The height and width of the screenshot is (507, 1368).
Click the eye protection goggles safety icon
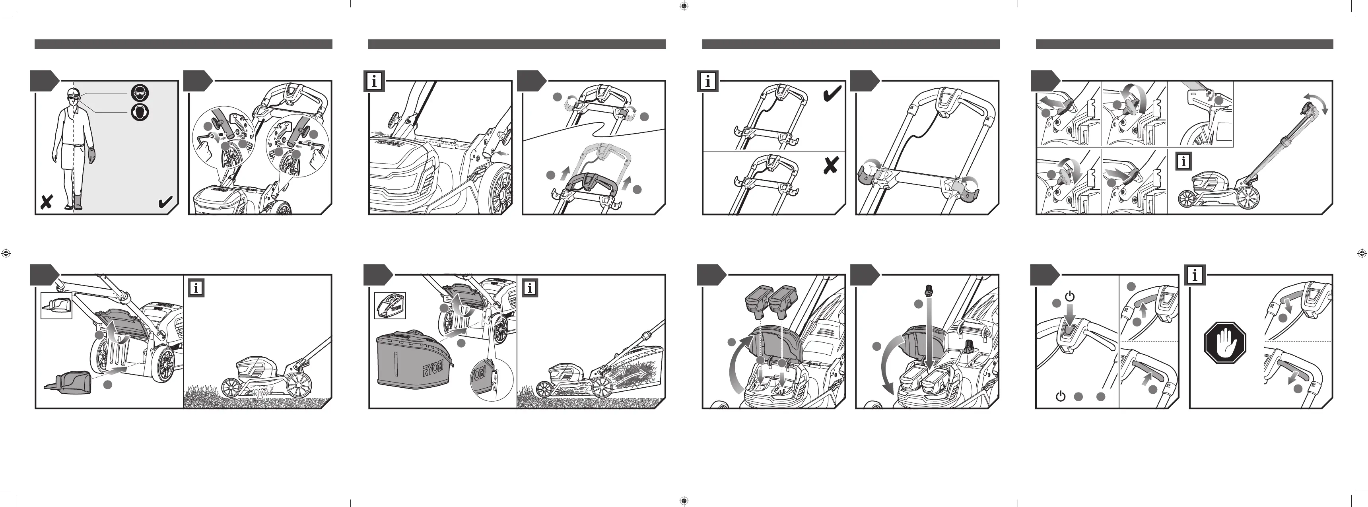pyautogui.click(x=140, y=93)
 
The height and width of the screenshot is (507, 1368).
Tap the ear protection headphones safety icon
pyautogui.click(x=140, y=112)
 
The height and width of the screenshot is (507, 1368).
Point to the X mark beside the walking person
pyautogui.click(x=47, y=202)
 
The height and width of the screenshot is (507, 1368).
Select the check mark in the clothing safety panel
pyautogui.click(x=165, y=202)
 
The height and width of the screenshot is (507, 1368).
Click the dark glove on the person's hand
pyautogui.click(x=91, y=155)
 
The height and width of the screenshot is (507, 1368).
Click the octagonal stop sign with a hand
pyautogui.click(x=1225, y=343)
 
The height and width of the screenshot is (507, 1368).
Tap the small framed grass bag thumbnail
pyautogui.click(x=390, y=306)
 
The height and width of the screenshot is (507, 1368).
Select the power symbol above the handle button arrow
pyautogui.click(x=1070, y=296)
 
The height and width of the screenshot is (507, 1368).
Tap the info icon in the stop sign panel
pyautogui.click(x=1195, y=275)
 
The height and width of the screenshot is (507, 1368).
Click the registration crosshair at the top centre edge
pyautogui.click(x=684, y=6)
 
